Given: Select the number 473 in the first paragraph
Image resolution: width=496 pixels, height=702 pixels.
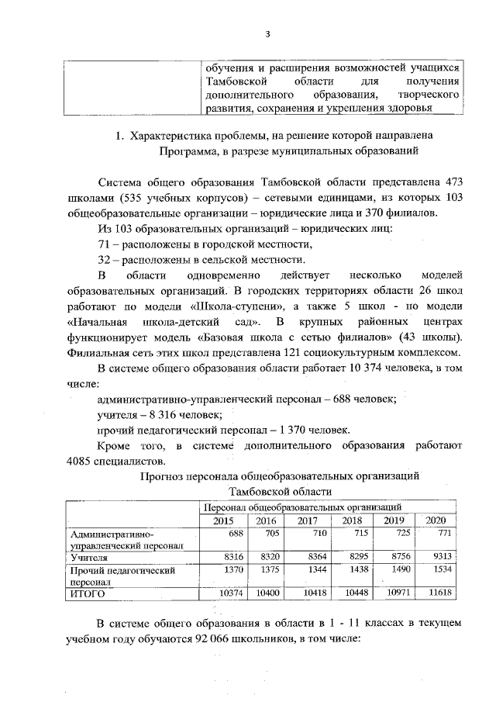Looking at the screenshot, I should pos(452,179).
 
